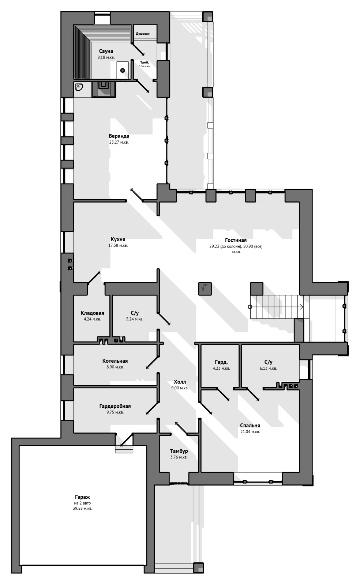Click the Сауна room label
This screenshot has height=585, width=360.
point(106,51)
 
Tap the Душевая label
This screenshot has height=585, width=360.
point(143,34)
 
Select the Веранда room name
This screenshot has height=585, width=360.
point(119,136)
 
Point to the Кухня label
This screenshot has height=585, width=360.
point(118,239)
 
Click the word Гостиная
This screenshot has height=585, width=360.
point(236,240)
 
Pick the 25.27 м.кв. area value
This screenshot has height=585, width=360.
point(119,142)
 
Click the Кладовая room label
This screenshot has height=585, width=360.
point(92,313)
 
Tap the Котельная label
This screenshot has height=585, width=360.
point(115,361)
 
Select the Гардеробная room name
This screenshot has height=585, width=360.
point(115,406)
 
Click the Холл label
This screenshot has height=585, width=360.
point(180,382)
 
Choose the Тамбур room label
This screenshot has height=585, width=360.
point(179,451)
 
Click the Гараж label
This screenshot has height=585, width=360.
point(83,497)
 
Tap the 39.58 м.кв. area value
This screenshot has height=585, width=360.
point(83,509)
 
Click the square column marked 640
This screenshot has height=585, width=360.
point(205,288)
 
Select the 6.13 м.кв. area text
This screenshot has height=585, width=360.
point(268,368)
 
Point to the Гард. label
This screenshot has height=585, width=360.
point(221,362)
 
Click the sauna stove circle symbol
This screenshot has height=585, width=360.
point(122,70)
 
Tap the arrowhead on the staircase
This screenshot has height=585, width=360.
point(301,307)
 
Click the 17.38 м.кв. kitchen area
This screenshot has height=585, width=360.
point(118,245)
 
